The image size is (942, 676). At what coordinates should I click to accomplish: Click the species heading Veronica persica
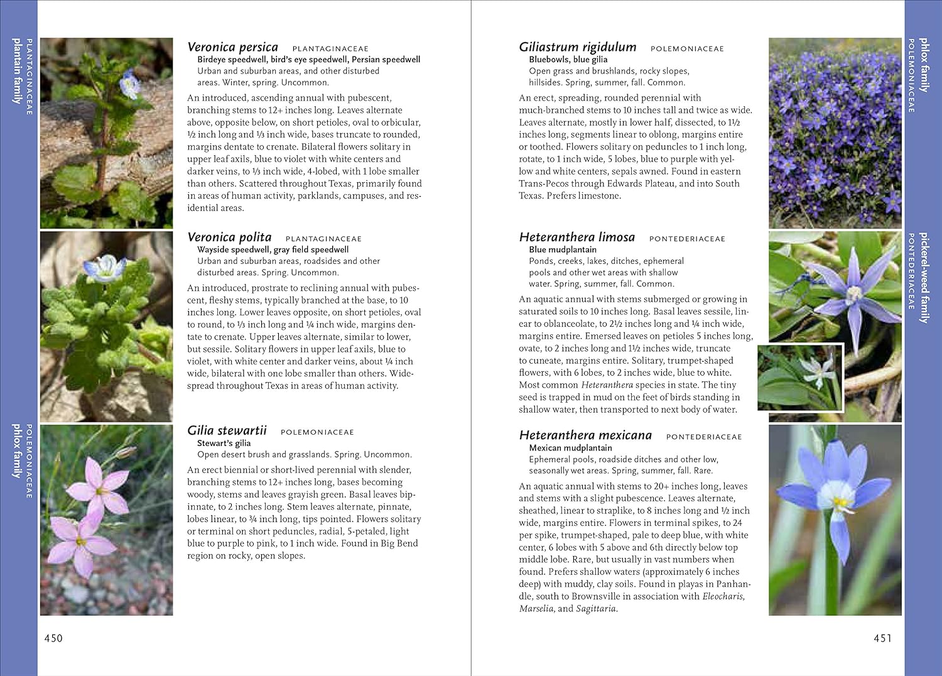[232, 47]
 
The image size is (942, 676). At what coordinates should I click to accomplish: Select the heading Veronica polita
[229, 237]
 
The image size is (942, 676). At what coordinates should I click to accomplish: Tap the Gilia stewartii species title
[227, 431]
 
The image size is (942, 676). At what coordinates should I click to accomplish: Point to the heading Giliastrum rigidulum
[577, 47]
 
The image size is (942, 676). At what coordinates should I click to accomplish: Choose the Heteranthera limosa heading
[577, 237]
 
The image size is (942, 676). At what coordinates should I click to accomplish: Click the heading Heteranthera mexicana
[585, 435]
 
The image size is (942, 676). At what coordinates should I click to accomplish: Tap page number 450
[53, 638]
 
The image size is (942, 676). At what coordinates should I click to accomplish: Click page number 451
[882, 638]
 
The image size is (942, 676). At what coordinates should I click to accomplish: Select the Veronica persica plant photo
[106, 133]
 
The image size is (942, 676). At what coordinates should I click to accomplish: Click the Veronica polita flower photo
[106, 326]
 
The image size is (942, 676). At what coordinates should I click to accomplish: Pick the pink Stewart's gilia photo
[106, 520]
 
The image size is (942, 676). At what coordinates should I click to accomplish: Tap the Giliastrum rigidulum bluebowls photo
[835, 133]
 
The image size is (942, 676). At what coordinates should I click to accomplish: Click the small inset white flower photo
[800, 377]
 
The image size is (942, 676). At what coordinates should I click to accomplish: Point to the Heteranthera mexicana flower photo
[835, 520]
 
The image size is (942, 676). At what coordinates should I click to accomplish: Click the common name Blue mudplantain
[563, 249]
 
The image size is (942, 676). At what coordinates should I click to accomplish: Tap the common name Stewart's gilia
[224, 443]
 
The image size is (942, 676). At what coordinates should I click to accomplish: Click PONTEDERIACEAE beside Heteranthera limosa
[687, 239]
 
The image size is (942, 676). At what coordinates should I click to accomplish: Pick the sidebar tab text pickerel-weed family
[924, 278]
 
